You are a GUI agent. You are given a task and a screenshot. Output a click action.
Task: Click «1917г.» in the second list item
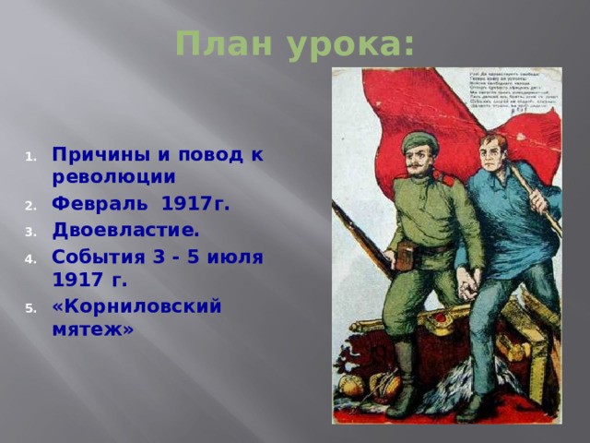(195, 203)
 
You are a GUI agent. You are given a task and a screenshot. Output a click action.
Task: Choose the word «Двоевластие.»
(125, 228)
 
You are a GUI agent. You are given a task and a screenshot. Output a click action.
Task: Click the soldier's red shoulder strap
(444, 175)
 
